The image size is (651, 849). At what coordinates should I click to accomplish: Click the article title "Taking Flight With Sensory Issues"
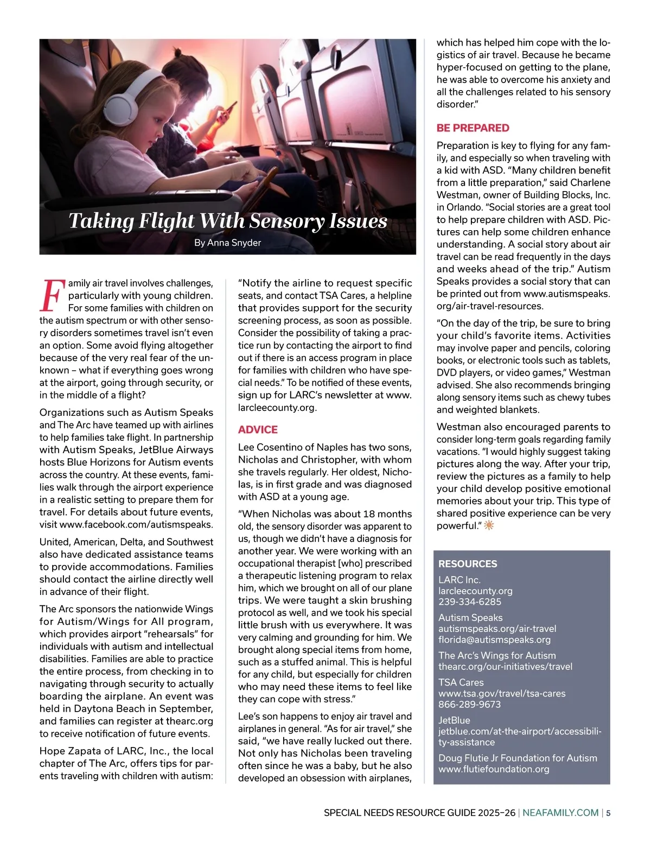coord(228,221)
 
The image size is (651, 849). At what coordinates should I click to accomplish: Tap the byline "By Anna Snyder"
coord(227,243)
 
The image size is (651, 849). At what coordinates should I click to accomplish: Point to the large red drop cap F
coord(52,295)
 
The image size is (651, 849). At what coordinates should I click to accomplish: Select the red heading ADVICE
coord(258,429)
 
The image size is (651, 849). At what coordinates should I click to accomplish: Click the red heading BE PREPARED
coord(473,128)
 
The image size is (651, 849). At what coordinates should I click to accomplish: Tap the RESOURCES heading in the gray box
coord(467,563)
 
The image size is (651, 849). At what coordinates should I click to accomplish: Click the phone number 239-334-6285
coord(470,601)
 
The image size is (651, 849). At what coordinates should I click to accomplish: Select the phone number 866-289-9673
coord(470,704)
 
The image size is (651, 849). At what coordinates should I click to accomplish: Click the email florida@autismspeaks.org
coord(494,639)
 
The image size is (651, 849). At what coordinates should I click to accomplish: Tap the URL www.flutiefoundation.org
coord(494,769)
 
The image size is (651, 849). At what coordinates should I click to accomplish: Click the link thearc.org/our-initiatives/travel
coord(505,666)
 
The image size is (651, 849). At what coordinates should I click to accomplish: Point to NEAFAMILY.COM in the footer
coord(560,813)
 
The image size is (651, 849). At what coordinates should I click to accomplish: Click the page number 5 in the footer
coord(608,813)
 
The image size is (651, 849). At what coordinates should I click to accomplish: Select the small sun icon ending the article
coord(489,525)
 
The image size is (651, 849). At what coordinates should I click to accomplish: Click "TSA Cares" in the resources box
coord(461,682)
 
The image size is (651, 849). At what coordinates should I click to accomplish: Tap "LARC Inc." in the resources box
coord(459,580)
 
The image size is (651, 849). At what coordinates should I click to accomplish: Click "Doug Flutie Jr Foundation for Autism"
coord(518,758)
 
